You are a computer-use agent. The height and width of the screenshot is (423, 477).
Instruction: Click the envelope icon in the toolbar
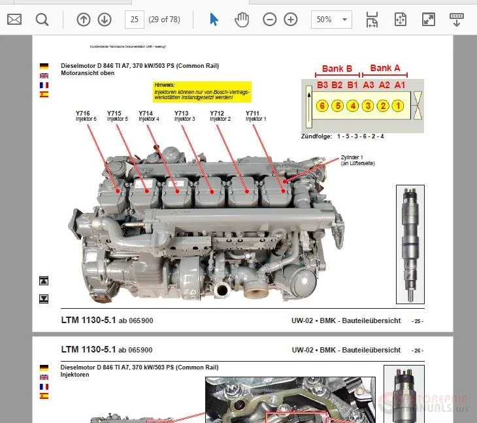[x=14, y=20]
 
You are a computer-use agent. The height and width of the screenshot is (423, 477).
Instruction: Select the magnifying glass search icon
[x=42, y=20]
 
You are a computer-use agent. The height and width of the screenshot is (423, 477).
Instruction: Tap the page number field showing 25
[x=135, y=20]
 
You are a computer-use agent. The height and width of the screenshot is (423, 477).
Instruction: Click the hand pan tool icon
[x=242, y=20]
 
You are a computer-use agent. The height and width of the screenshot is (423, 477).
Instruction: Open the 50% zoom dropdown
[x=331, y=20]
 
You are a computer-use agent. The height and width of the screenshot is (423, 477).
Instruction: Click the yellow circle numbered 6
[x=321, y=106]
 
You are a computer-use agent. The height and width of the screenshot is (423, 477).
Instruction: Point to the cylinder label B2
[x=337, y=85]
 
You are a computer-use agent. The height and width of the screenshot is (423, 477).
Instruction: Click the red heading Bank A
[x=385, y=68]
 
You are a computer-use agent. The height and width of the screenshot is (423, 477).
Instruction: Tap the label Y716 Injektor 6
[x=86, y=116]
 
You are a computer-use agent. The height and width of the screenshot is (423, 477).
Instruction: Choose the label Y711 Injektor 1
[x=255, y=116]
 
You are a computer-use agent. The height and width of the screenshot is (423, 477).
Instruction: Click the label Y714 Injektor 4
[x=149, y=116]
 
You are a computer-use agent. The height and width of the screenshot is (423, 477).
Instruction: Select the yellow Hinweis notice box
[x=202, y=92]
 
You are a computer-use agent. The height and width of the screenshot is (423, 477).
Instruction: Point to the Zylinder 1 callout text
[x=357, y=160]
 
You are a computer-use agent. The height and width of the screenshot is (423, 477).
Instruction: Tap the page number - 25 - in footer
[x=417, y=321]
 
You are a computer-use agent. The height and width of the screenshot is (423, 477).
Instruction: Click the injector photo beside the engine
[x=410, y=243]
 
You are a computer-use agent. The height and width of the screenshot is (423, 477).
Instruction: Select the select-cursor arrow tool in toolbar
[x=214, y=20]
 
